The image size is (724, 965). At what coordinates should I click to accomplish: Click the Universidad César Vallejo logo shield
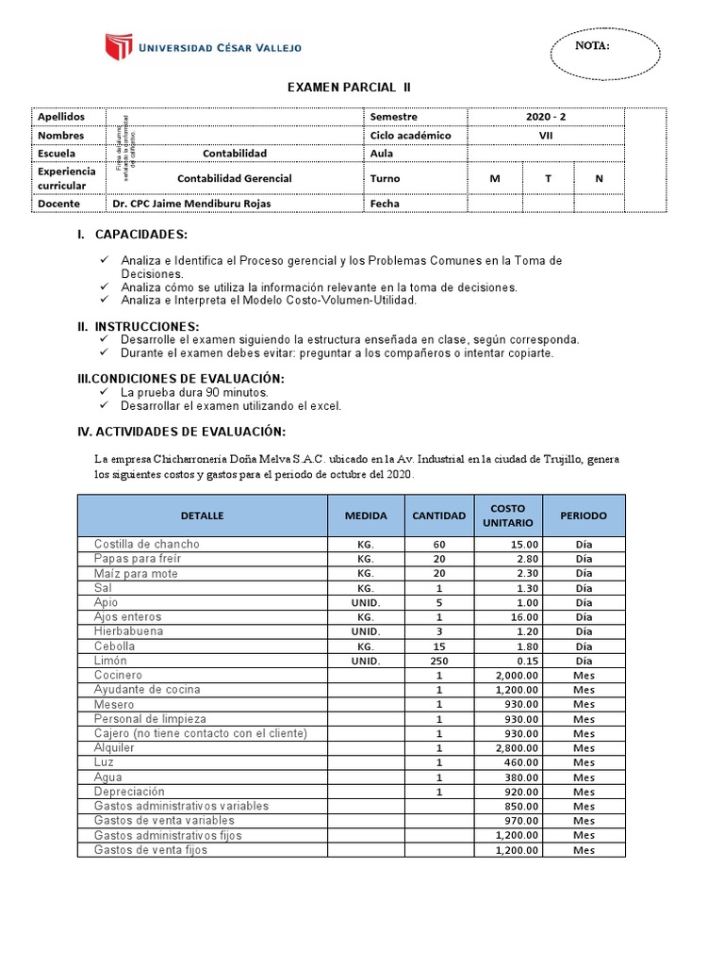[x=119, y=47]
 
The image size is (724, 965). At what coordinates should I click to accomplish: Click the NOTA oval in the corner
[x=592, y=47]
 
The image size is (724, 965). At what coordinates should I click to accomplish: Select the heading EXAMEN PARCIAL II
[x=349, y=88]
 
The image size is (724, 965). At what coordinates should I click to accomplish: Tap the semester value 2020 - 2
[x=546, y=117]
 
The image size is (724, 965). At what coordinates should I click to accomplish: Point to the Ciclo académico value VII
[x=546, y=135]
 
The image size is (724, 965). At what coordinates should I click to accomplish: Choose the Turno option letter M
[x=494, y=178]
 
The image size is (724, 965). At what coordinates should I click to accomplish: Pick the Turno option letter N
[x=599, y=178]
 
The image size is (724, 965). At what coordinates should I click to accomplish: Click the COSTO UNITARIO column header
[x=508, y=515]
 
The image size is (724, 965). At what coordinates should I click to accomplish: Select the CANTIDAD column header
[x=439, y=515]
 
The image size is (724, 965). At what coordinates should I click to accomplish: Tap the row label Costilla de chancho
[x=146, y=545]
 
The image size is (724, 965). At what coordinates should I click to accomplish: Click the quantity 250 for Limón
[x=439, y=661]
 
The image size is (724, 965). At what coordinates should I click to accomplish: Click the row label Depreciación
[x=129, y=792]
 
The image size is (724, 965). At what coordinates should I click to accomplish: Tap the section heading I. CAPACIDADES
[x=133, y=235]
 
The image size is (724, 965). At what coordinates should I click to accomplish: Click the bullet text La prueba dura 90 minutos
[x=194, y=391]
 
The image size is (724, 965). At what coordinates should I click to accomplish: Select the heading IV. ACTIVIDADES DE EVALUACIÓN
[x=181, y=432]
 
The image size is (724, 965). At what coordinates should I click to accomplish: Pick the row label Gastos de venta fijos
[x=150, y=850]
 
